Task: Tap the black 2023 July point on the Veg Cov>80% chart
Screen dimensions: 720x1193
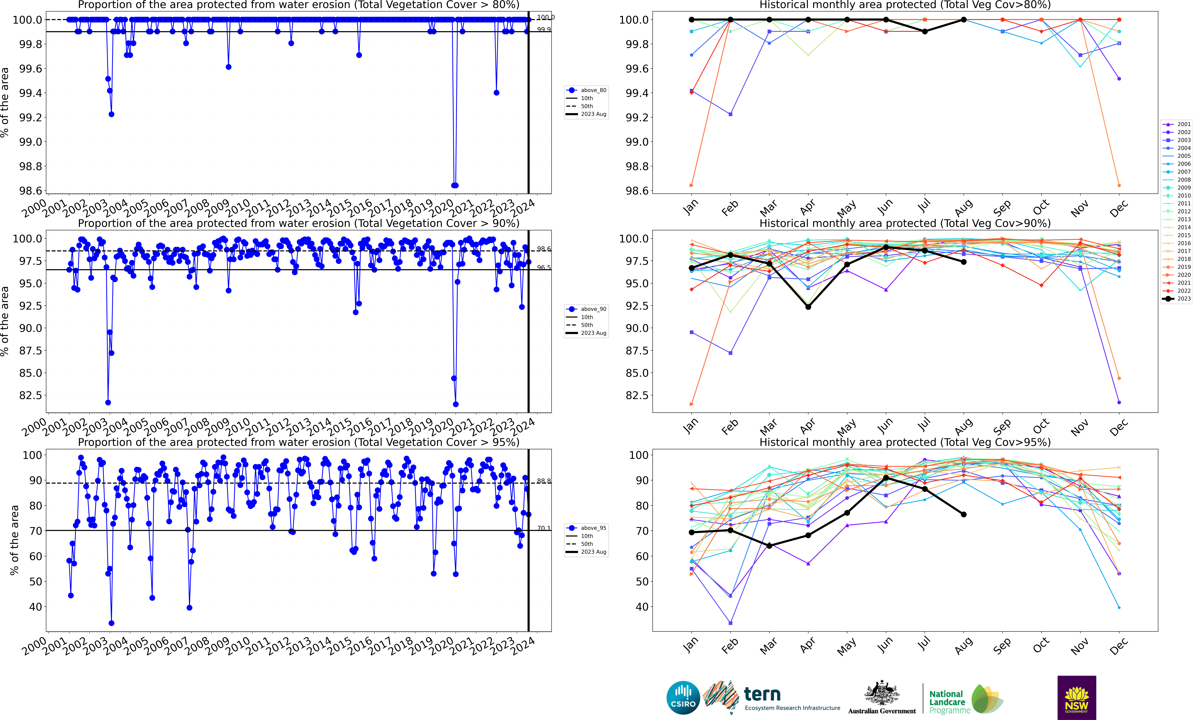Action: coord(925,31)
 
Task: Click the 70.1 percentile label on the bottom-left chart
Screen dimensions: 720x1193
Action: coord(544,528)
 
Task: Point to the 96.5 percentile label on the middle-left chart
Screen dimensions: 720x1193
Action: coord(544,267)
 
